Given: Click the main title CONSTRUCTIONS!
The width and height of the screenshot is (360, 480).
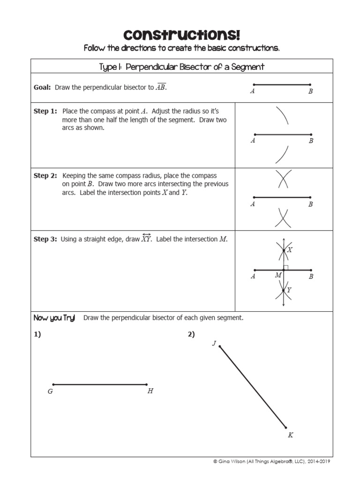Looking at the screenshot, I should [x=182, y=35].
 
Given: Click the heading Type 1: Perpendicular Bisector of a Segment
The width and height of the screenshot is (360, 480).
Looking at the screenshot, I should [x=182, y=67].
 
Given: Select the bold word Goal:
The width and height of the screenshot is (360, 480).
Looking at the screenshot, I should [x=42, y=87].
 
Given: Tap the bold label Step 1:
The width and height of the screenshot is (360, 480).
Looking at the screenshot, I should [x=45, y=111].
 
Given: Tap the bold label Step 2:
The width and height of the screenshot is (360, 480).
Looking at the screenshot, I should [x=45, y=175].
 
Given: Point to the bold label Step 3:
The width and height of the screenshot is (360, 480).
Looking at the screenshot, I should [x=45, y=239].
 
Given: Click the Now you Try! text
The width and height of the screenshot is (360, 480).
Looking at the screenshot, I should [x=54, y=318].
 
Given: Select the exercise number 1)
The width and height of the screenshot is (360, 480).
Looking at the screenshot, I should [x=37, y=334].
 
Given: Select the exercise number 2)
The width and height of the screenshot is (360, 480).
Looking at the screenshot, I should [x=191, y=334].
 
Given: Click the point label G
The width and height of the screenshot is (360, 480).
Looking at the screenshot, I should [x=50, y=391].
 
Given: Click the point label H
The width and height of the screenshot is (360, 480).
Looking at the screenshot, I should [x=150, y=391].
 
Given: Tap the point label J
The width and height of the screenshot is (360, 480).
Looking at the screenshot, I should [x=214, y=344].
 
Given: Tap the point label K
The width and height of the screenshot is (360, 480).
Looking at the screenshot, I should [x=290, y=435].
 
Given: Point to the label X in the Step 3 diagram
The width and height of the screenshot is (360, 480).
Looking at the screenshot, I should [x=290, y=250].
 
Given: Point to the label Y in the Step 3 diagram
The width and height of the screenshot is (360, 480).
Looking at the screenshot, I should [x=289, y=290].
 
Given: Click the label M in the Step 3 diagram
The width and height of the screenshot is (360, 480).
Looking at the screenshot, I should [x=278, y=275].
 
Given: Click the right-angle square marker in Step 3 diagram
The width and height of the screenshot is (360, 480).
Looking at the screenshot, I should [x=285, y=268].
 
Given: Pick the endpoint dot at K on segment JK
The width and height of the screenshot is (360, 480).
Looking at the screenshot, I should [x=286, y=427].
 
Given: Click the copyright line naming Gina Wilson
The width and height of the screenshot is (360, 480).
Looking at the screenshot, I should [x=271, y=462].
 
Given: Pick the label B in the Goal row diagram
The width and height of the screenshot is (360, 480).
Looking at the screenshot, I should [x=310, y=92].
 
